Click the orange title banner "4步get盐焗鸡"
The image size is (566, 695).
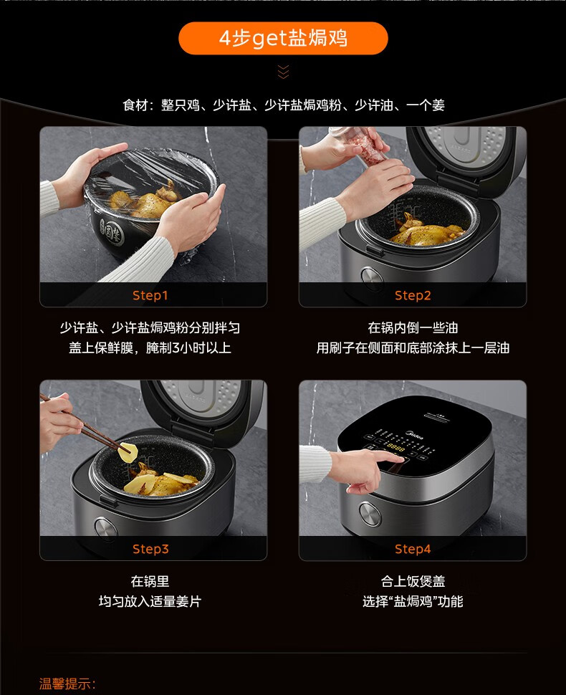(x=283, y=38)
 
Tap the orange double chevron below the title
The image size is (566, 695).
(x=283, y=72)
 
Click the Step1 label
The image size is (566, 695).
(x=150, y=296)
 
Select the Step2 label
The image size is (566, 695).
(x=413, y=296)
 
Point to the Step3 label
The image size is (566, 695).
(x=150, y=549)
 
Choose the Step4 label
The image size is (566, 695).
(x=413, y=549)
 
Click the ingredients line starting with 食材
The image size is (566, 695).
(x=284, y=105)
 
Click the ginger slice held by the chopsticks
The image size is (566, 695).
(x=128, y=453)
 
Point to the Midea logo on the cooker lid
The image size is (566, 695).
(x=414, y=435)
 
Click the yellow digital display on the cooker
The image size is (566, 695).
(x=395, y=447)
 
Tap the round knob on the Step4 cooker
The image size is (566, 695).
(x=370, y=514)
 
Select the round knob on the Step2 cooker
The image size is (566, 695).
(x=372, y=278)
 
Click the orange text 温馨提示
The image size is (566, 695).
(x=67, y=684)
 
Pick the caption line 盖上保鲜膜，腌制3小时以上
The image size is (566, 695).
(x=150, y=348)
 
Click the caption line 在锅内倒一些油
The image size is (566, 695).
(x=413, y=328)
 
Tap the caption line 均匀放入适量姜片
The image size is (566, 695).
(x=150, y=601)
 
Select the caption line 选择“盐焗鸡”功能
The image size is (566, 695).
(x=413, y=601)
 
